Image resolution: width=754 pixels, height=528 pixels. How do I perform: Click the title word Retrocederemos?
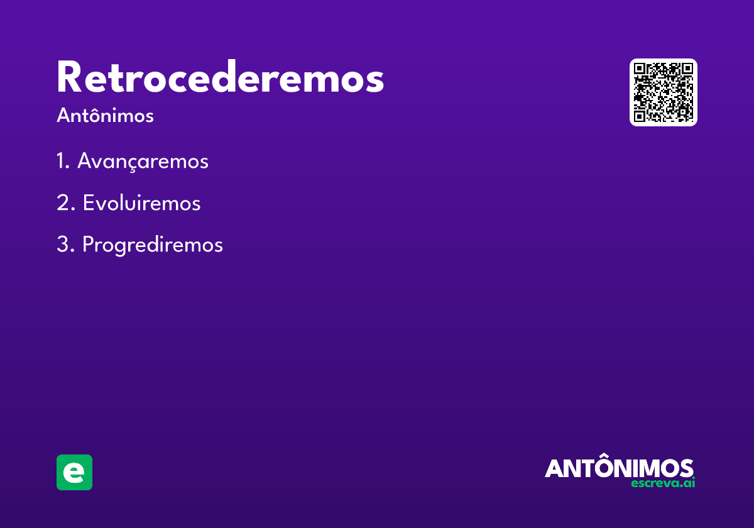click(221, 77)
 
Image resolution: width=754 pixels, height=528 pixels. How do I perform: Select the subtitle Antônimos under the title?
click(105, 115)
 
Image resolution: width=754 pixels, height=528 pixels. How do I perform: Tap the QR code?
click(663, 92)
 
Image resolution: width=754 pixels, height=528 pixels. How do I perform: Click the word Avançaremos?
click(143, 162)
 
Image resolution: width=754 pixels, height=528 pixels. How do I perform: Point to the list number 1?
click(63, 160)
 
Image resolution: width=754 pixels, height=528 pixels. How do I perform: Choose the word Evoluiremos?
click(142, 202)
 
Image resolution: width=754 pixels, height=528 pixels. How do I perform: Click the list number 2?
click(65, 202)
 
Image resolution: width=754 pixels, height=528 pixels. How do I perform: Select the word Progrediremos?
click(153, 245)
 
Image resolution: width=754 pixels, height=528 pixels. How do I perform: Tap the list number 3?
click(65, 244)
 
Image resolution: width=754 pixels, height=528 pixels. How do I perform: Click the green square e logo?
click(74, 472)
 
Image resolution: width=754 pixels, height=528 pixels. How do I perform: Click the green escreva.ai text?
click(663, 483)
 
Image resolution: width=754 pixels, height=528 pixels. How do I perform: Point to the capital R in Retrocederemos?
click(69, 77)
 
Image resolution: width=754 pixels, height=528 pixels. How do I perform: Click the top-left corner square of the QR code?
click(639, 69)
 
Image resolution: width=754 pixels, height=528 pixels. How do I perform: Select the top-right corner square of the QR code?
click(687, 69)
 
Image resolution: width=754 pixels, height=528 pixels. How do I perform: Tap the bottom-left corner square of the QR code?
click(639, 116)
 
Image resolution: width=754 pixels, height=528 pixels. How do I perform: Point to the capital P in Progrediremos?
click(87, 244)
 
